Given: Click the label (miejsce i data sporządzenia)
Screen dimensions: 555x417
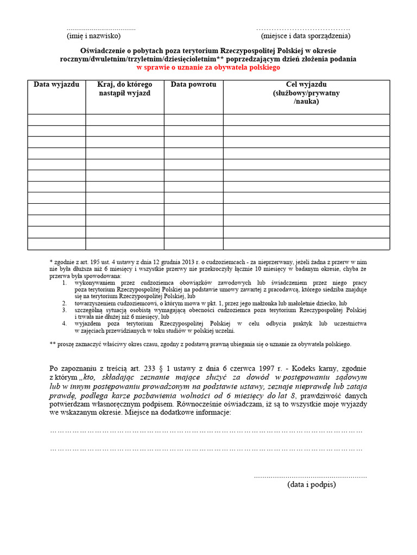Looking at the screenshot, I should pyautogui.click(x=305, y=36).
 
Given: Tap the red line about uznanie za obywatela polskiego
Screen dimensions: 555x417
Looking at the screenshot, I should pyautogui.click(x=208, y=68).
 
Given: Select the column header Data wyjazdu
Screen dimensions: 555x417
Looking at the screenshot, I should pyautogui.click(x=56, y=85).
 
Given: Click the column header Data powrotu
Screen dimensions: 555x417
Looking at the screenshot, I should pyautogui.click(x=193, y=85).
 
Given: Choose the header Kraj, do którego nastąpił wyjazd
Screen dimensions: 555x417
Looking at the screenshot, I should pyautogui.click(x=124, y=89).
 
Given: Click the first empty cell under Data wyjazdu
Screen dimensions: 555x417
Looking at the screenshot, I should pyautogui.click(x=56, y=120).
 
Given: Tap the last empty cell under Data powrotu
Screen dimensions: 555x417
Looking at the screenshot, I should pyautogui.click(x=193, y=244).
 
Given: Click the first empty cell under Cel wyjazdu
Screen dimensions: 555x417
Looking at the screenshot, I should pyautogui.click(x=306, y=120).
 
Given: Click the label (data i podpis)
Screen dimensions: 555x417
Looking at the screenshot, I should pyautogui.click(x=312, y=485).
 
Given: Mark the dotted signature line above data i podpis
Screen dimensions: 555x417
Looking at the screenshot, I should pyautogui.click(x=311, y=476).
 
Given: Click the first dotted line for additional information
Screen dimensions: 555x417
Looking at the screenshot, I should pyautogui.click(x=206, y=431).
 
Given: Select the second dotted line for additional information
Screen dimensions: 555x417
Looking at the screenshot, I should pyautogui.click(x=206, y=449).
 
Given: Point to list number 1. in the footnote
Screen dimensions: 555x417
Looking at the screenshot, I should pyautogui.click(x=64, y=283).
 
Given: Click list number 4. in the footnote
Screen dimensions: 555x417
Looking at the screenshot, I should pyautogui.click(x=64, y=324).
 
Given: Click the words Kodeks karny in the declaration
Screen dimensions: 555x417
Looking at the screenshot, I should pyautogui.click(x=319, y=369).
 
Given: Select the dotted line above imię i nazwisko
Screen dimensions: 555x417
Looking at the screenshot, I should pyautogui.click(x=101, y=29).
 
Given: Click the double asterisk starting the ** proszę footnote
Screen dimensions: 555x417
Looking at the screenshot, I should pyautogui.click(x=52, y=344).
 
